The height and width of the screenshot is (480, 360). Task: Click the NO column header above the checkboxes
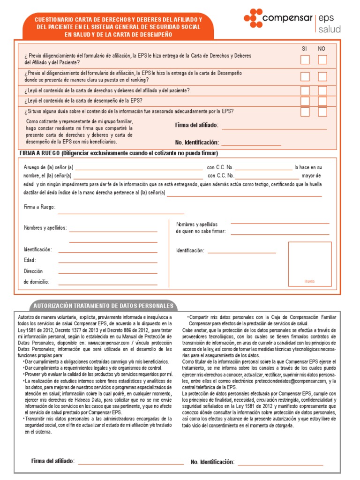pos(322,49)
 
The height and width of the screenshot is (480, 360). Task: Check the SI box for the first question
pos(305,60)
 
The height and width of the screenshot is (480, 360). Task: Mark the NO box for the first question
pos(322,60)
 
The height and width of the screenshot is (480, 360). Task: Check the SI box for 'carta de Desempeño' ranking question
pos(305,76)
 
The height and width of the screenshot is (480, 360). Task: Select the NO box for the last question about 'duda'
pos(322,112)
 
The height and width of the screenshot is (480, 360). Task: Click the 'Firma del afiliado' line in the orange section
pos(274,128)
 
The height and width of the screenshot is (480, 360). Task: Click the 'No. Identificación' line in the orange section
pos(251,145)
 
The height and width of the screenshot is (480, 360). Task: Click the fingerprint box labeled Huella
pos(309,263)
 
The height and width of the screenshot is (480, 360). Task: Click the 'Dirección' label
pos(33,271)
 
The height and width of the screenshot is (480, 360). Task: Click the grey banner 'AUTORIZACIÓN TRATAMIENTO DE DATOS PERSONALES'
pos(103,306)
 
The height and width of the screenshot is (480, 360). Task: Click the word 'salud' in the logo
pos(330,30)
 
